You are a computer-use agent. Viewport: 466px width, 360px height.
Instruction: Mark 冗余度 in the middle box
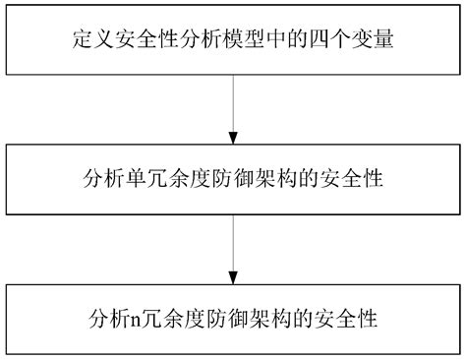tap(169, 180)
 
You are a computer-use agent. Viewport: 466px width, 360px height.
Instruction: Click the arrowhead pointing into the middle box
tap(233, 139)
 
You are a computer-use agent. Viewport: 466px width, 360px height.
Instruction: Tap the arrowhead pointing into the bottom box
tap(233, 276)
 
